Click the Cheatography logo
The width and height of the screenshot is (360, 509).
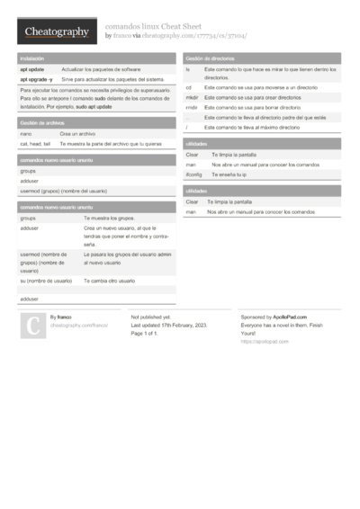click(x=56, y=31)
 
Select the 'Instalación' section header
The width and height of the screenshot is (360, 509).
click(x=31, y=58)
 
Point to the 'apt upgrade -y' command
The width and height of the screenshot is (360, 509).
click(x=36, y=79)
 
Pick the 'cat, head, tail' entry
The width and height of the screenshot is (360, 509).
click(x=35, y=143)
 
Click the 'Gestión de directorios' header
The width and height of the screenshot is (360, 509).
click(x=210, y=58)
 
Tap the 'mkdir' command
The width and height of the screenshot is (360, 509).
click(x=192, y=97)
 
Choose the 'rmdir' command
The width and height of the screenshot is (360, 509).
click(x=192, y=107)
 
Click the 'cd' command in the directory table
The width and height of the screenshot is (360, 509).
click(x=189, y=87)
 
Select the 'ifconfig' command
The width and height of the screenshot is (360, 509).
click(x=193, y=174)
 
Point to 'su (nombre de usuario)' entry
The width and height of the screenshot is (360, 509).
click(x=46, y=281)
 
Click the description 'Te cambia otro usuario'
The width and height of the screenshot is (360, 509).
click(x=109, y=281)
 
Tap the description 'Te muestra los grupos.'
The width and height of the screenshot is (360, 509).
click(x=108, y=219)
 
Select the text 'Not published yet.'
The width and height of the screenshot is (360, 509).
click(x=149, y=317)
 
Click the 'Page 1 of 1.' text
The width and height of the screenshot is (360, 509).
click(x=145, y=334)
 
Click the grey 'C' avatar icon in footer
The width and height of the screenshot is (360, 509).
click(x=31, y=326)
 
